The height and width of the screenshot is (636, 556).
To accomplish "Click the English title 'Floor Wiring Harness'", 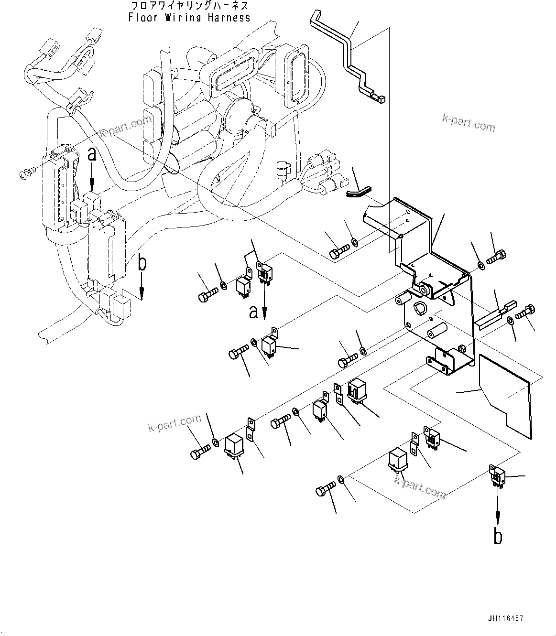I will click(x=189, y=18).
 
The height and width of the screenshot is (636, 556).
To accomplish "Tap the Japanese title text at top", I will click(x=189, y=6).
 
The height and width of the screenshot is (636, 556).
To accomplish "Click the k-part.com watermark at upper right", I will click(x=468, y=124).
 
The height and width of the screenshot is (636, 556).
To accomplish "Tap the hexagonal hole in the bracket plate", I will click(x=419, y=308).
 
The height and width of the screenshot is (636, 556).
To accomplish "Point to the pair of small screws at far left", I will click(x=26, y=175).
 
